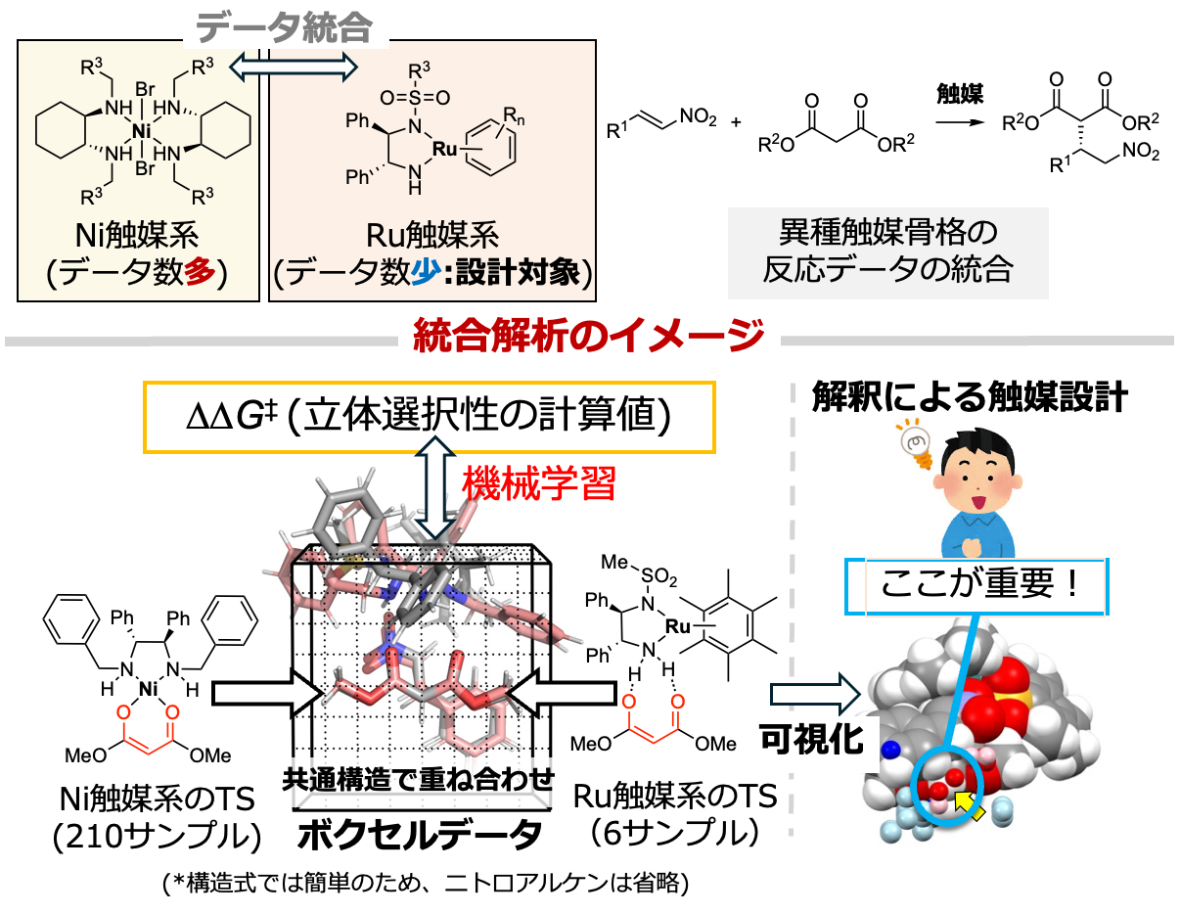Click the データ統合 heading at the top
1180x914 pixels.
pyautogui.click(x=285, y=28)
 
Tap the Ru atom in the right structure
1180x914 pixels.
pyautogui.click(x=445, y=149)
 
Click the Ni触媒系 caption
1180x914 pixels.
pyautogui.click(x=137, y=235)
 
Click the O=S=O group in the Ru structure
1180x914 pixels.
pyautogui.click(x=416, y=98)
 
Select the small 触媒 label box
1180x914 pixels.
pyautogui.click(x=960, y=94)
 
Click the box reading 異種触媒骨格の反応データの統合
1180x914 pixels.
pyautogui.click(x=887, y=252)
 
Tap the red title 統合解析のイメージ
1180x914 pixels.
pyautogui.click(x=589, y=338)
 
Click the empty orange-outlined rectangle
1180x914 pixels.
pyautogui.click(x=430, y=417)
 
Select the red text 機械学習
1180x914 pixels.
pyautogui.click(x=538, y=482)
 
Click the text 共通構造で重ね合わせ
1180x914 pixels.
pyautogui.click(x=418, y=780)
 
